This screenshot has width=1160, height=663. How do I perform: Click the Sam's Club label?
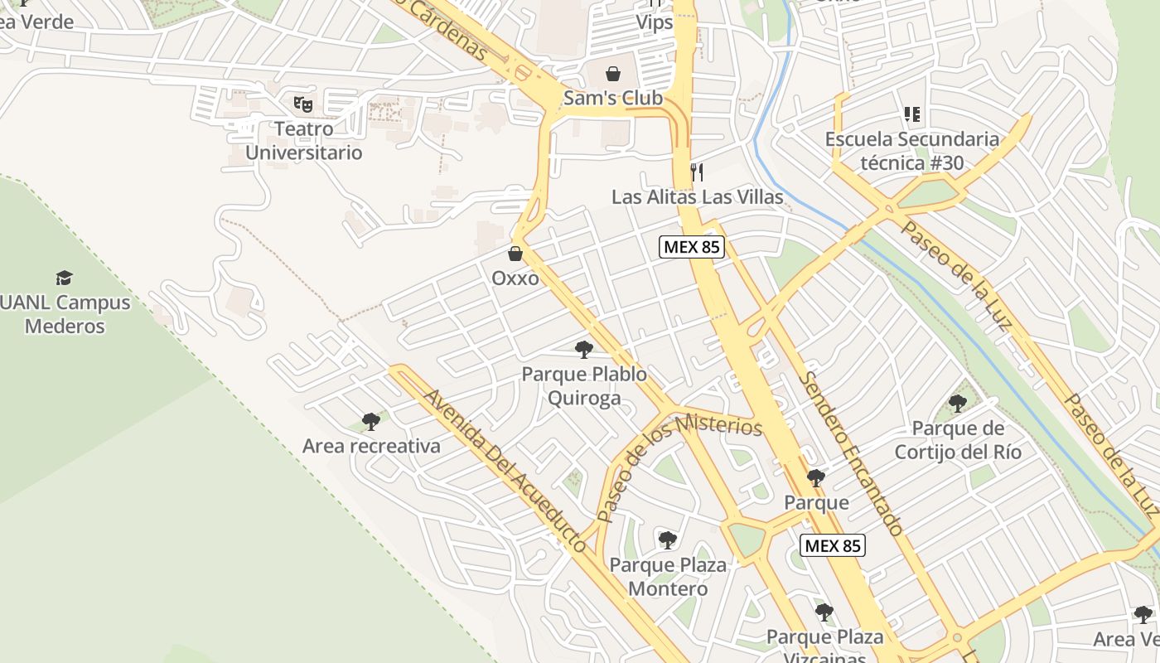613,98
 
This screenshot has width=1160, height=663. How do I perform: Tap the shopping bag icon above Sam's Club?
613,74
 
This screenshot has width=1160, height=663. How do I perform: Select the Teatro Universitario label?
303,141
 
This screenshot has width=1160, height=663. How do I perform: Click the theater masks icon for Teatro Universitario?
303,104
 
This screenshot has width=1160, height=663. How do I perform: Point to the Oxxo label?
515,278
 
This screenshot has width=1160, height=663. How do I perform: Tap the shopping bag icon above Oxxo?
515,254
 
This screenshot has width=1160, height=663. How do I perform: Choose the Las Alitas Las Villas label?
697,197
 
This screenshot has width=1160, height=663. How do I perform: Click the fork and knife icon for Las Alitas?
697,172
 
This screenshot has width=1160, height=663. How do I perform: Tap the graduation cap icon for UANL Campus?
64,278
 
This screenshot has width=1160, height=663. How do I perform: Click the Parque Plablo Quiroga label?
584,387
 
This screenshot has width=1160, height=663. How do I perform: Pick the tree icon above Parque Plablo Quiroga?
584,350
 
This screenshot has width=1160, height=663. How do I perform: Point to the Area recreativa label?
371,446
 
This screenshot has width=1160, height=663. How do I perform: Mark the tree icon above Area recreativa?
371,422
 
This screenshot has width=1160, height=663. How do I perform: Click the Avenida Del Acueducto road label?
505,469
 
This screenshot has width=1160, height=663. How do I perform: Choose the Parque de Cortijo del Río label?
958,440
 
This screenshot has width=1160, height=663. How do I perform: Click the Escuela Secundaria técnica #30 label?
912,151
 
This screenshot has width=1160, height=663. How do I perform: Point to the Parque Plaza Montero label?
668,577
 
